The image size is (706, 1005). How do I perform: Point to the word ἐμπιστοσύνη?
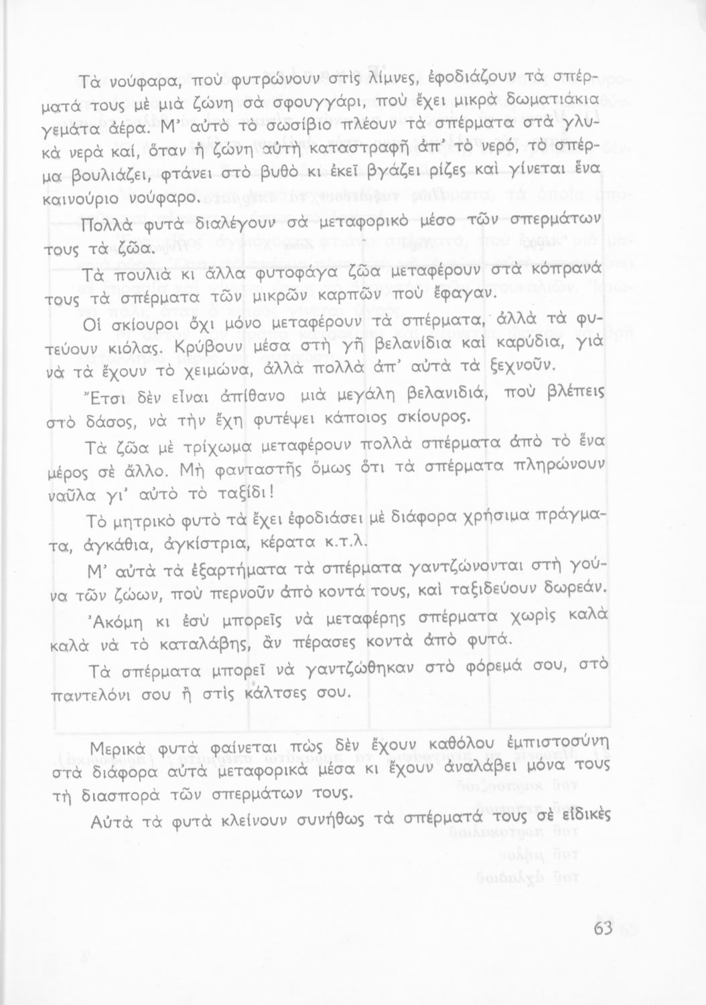coord(559,744)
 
